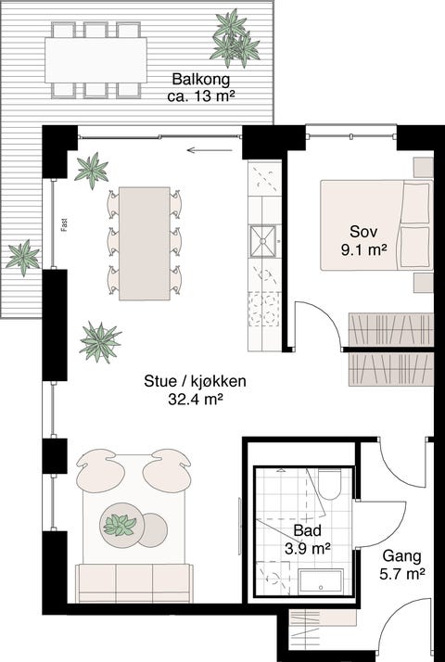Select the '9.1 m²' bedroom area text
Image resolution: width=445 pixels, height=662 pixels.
pyautogui.click(x=363, y=248)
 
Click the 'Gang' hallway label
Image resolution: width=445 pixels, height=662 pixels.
pyautogui.click(x=401, y=557)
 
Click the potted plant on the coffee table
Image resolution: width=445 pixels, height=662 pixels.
pyautogui.click(x=120, y=526)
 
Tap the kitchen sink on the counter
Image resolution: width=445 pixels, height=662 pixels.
pyautogui.click(x=262, y=242)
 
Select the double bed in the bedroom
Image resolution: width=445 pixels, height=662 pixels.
pyautogui.click(x=375, y=223)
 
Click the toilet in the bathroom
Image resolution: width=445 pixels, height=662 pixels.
pyautogui.click(x=329, y=484)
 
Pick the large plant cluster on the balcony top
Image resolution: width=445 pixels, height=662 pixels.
pyautogui.click(x=234, y=37)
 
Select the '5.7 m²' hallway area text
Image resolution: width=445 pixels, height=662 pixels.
pyautogui.click(x=401, y=575)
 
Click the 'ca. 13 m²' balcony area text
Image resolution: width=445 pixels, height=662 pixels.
pyautogui.click(x=198, y=96)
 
